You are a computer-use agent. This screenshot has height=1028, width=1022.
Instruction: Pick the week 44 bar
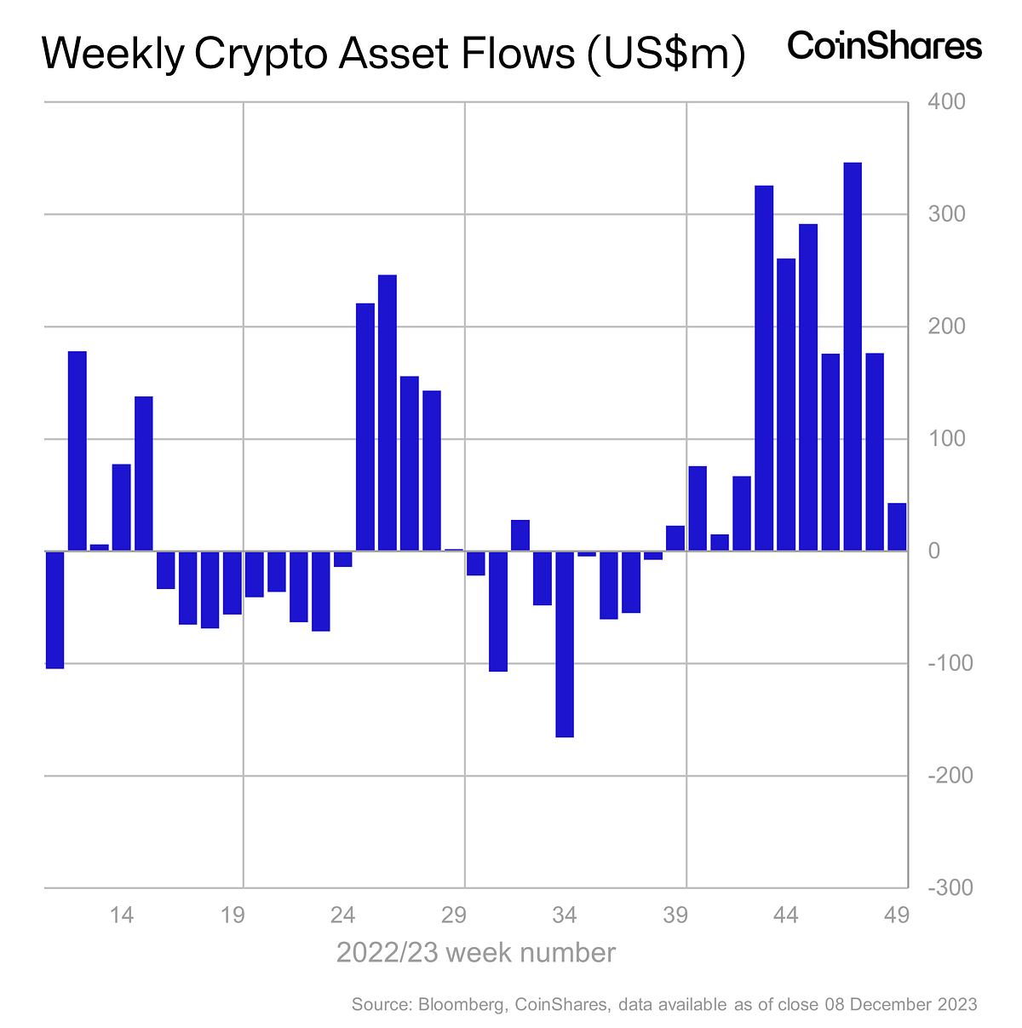[786, 404]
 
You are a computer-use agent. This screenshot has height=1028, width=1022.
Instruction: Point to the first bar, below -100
[55, 609]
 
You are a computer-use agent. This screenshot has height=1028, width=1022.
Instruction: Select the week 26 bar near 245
[388, 413]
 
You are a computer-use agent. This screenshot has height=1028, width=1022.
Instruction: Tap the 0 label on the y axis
[934, 552]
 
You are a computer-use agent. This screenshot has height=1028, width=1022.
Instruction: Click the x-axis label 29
[454, 915]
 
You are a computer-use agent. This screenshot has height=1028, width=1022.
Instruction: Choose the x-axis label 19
[233, 915]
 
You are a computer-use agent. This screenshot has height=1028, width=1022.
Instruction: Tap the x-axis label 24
[343, 915]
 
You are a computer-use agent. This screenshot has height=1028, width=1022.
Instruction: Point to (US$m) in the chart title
[663, 55]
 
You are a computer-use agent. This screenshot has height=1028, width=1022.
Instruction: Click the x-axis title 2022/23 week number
[476, 952]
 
